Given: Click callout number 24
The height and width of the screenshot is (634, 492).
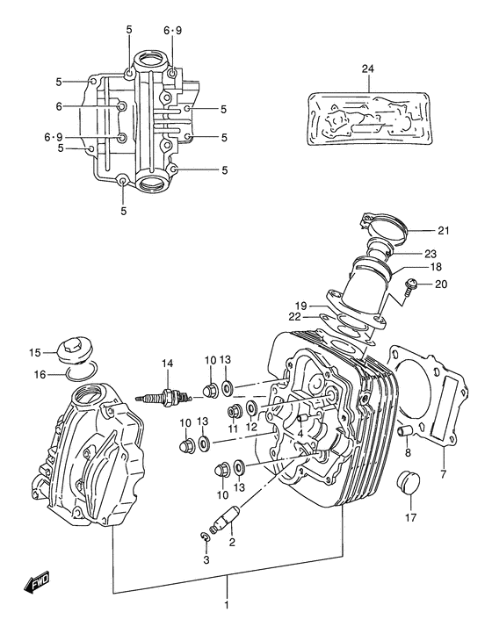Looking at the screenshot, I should [x=367, y=68].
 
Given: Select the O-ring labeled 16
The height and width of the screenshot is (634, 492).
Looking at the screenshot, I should [x=80, y=377].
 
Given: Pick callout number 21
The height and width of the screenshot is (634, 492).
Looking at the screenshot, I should [x=443, y=231].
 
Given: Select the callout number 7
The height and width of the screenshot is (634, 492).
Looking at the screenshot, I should [x=443, y=474].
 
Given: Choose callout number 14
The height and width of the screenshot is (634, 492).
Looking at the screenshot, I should [x=165, y=363].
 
